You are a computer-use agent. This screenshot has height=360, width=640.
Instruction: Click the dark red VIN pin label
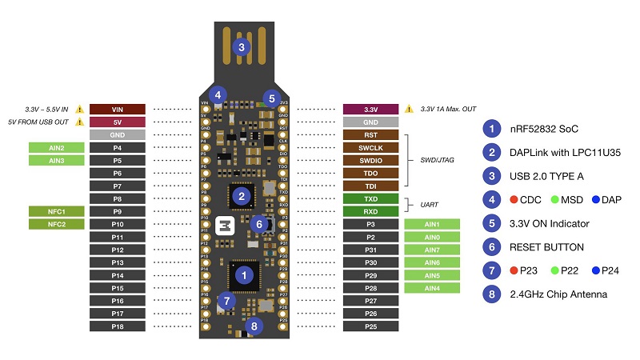click(x=117, y=109)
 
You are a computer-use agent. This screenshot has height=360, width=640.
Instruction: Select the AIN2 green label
click(x=56, y=148)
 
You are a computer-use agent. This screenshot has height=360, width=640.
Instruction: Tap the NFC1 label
click(x=56, y=211)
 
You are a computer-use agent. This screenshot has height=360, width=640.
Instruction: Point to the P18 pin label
click(x=117, y=326)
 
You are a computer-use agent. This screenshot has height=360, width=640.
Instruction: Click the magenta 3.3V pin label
click(x=370, y=109)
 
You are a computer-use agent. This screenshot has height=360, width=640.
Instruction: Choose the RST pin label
click(x=370, y=134)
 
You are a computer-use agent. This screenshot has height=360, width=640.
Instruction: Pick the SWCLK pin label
click(x=370, y=147)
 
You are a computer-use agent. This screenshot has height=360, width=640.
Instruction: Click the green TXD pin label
click(x=370, y=198)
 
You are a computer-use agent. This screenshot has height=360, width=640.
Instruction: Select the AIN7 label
click(x=432, y=250)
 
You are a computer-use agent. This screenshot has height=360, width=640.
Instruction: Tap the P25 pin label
click(x=370, y=326)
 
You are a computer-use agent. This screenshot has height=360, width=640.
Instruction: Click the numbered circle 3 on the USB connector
click(x=241, y=46)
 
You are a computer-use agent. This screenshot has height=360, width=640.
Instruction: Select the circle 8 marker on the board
click(x=254, y=326)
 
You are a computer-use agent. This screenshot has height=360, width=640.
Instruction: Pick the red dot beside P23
click(x=513, y=270)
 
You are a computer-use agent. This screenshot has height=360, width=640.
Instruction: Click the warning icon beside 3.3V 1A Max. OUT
click(x=409, y=109)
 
